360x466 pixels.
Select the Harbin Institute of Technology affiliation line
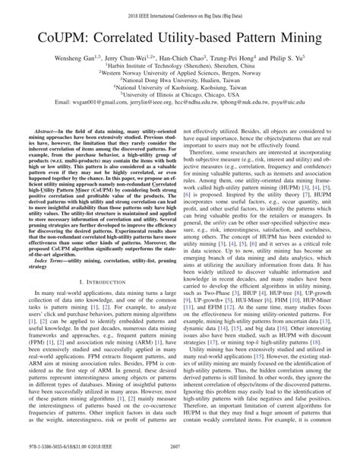click(x=180, y=67)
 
